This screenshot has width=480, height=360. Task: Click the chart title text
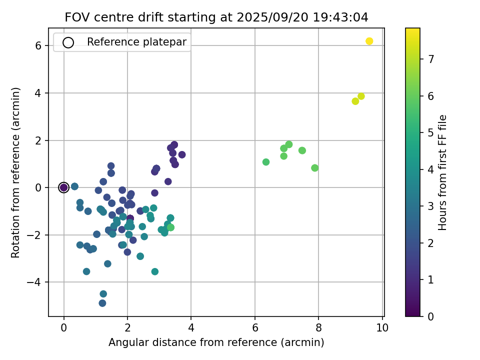click(216, 17)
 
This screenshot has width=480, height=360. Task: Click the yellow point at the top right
click(369, 41)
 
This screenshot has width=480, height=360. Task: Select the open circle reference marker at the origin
click(63, 187)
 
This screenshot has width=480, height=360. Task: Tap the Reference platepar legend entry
click(136, 42)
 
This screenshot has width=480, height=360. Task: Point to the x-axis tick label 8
click(318, 327)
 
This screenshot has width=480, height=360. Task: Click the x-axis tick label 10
click(382, 327)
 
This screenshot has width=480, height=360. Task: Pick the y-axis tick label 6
click(37, 46)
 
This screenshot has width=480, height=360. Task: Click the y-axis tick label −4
click(34, 282)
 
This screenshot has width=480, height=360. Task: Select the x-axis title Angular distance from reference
click(216, 343)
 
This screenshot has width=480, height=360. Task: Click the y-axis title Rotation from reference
click(16, 172)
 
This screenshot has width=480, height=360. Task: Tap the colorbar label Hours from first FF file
click(442, 172)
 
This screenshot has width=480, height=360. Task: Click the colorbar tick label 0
click(430, 316)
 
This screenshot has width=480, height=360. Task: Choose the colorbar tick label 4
click(430, 169)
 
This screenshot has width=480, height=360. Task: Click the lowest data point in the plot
click(102, 303)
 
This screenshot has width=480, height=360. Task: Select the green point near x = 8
click(314, 168)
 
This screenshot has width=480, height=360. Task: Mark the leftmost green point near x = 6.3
click(266, 162)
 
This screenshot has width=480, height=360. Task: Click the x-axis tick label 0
click(63, 327)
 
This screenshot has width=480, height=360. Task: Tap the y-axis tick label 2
click(37, 140)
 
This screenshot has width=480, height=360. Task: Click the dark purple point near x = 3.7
click(182, 154)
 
